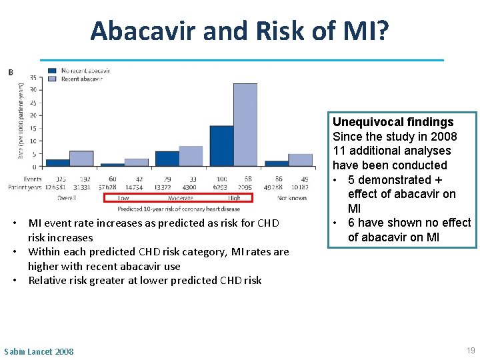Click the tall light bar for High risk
(245, 125)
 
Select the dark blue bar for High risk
(221, 146)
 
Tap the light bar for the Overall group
(81, 159)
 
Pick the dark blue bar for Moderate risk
(167, 159)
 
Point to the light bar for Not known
(300, 160)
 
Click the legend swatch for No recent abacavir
(52, 71)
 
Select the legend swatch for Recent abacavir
(52, 79)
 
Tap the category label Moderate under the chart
(180, 198)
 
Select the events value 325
(61, 179)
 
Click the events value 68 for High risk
(247, 179)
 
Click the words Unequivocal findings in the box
(393, 122)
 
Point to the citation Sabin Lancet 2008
(39, 351)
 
